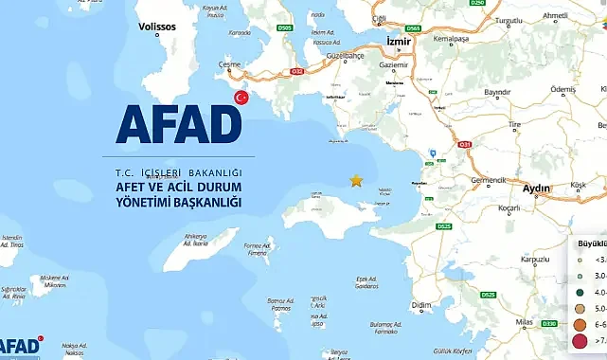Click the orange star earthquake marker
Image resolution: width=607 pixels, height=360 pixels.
[356, 179]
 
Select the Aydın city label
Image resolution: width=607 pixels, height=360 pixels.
[536, 189]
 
